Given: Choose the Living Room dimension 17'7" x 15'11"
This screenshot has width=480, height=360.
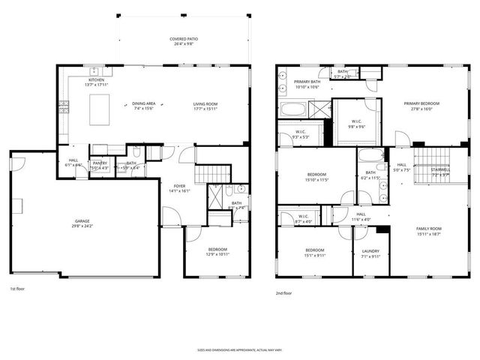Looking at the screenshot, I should (205, 109).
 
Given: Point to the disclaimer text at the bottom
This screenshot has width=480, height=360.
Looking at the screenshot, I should (239, 349).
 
